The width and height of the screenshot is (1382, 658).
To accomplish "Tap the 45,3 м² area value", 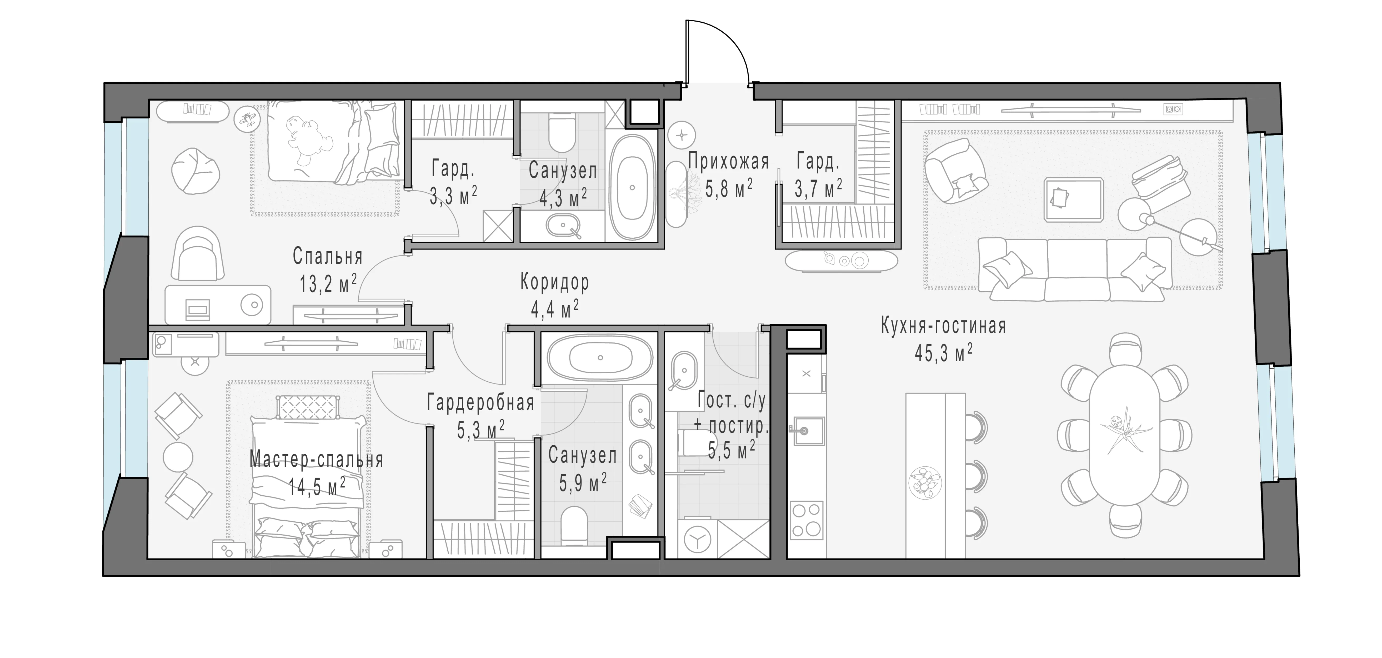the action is pyautogui.click(x=943, y=353).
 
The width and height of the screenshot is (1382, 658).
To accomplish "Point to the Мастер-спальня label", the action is pyautogui.click(x=317, y=460).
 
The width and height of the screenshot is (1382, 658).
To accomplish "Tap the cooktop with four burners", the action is pyautogui.click(x=806, y=520).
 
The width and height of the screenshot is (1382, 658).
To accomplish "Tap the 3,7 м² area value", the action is pyautogui.click(x=818, y=189).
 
